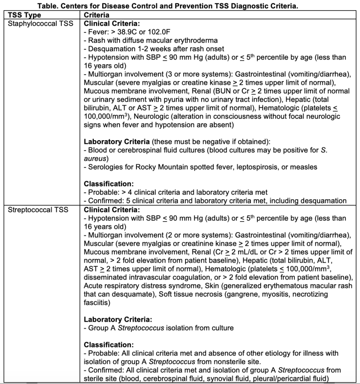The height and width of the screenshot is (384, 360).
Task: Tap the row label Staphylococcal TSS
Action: (40, 23)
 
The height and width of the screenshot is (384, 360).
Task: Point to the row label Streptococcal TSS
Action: (38, 210)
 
